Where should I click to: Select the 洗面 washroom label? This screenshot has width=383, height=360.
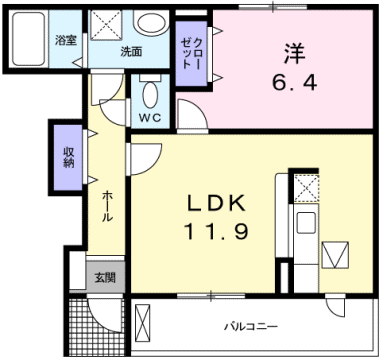(x=131, y=51)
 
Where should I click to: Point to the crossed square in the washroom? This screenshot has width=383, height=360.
(x=106, y=24)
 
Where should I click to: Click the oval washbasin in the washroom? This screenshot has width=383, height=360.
(x=151, y=24)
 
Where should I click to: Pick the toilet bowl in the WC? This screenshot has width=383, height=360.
(x=150, y=96)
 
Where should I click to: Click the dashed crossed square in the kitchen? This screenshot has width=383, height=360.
(x=305, y=186)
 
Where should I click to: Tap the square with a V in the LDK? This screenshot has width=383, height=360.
(x=335, y=254)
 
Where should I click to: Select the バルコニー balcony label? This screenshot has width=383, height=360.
(x=247, y=326)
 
